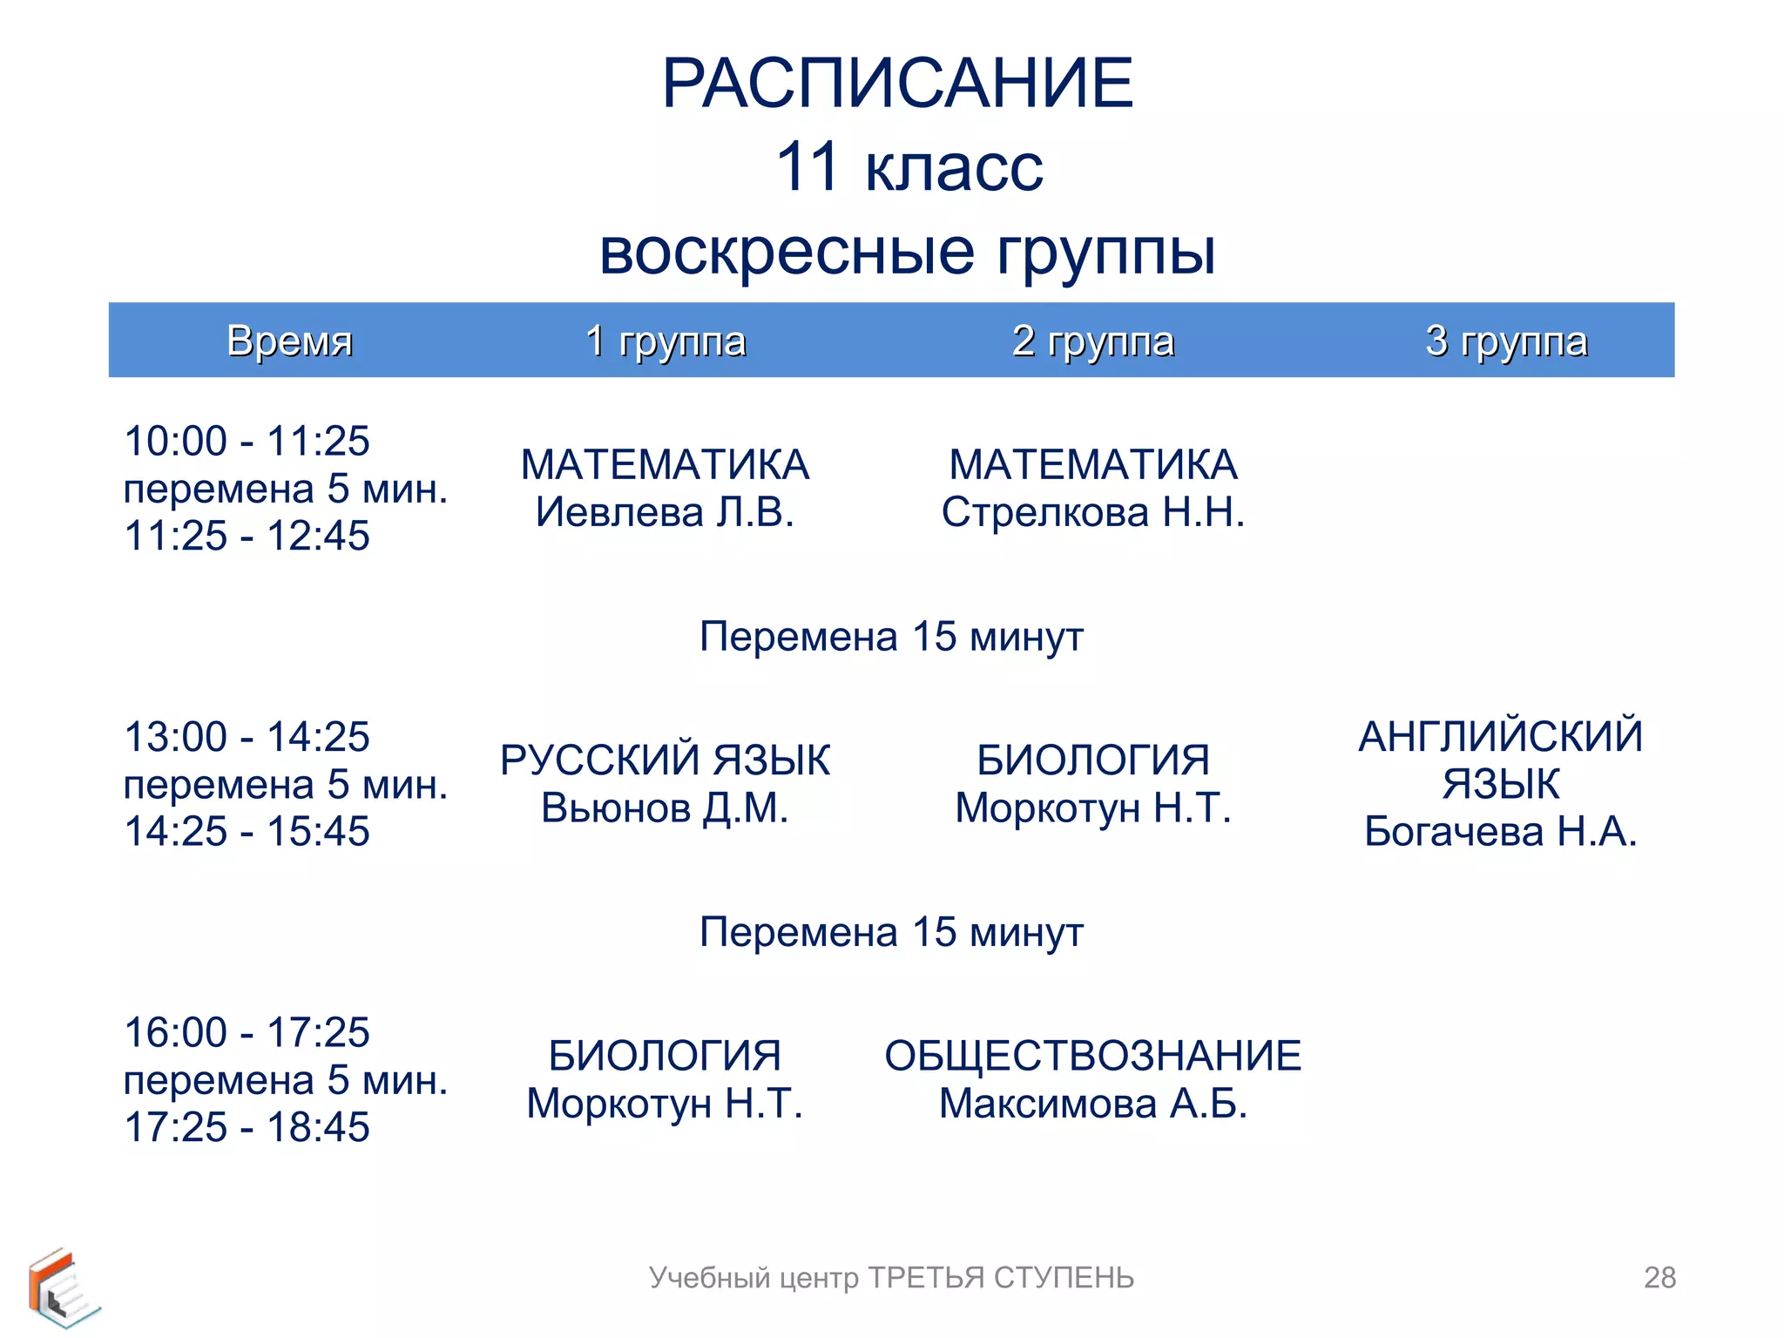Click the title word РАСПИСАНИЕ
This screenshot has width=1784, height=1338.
[897, 84]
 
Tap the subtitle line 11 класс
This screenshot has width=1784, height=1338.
[909, 166]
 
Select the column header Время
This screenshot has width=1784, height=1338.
[289, 341]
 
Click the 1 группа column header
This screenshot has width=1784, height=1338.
[666, 341]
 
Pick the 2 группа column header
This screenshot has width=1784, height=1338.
[1093, 341]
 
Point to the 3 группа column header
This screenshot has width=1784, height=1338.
[1506, 341]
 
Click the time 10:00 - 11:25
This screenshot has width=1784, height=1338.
[247, 441]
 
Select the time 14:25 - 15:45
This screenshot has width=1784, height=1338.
[247, 831]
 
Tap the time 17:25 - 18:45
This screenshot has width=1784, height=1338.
[247, 1126]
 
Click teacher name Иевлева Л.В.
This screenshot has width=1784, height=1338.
[665, 512]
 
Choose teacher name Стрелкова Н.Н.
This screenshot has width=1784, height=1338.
[1093, 512]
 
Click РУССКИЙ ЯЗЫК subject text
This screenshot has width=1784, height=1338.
[665, 760]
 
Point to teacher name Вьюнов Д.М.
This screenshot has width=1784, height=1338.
[665, 808]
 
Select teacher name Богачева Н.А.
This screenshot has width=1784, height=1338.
[1501, 832]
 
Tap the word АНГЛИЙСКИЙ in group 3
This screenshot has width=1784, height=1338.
[1501, 737]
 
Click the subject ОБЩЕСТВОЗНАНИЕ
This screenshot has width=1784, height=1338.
[1093, 1056]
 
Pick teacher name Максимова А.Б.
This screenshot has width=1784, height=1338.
[1093, 1104]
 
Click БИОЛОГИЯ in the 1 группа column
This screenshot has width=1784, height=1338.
[665, 1056]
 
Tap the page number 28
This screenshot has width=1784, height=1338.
[1659, 1277]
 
